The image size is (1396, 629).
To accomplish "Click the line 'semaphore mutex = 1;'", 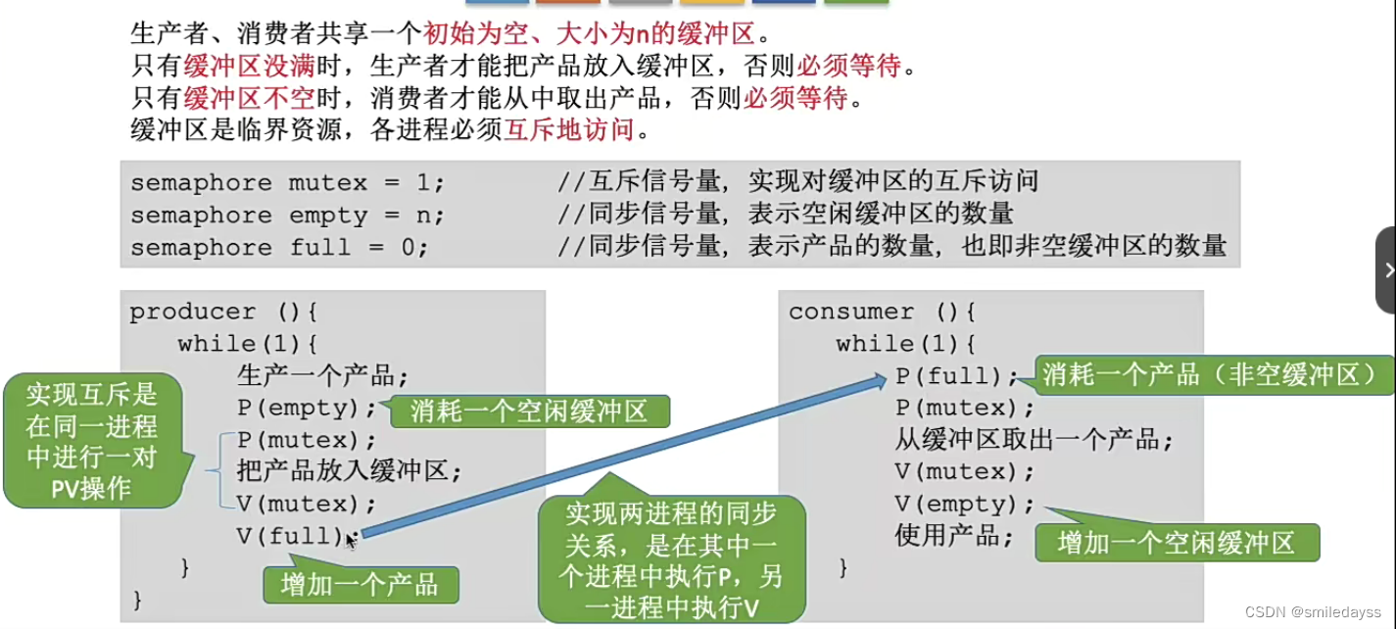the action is [287, 183].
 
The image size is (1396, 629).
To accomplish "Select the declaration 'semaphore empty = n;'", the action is [287, 216].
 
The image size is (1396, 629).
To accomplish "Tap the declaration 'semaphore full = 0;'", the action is [279, 248].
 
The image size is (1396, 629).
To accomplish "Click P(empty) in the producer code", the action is [307, 408].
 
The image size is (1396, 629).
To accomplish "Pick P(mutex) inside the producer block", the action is [307, 440].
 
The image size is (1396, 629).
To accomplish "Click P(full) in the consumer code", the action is [956, 376].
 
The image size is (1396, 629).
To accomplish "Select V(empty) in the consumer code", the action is [965, 505].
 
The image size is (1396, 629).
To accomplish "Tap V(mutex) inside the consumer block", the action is [965, 472].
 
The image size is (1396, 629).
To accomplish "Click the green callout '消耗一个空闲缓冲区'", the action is [529, 411].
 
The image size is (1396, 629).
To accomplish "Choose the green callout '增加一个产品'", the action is [360, 585].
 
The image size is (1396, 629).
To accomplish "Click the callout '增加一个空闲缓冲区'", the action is [1177, 543].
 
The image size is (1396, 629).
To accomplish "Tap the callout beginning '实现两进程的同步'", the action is [671, 559].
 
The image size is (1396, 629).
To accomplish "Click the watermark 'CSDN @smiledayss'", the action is [1312, 611].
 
